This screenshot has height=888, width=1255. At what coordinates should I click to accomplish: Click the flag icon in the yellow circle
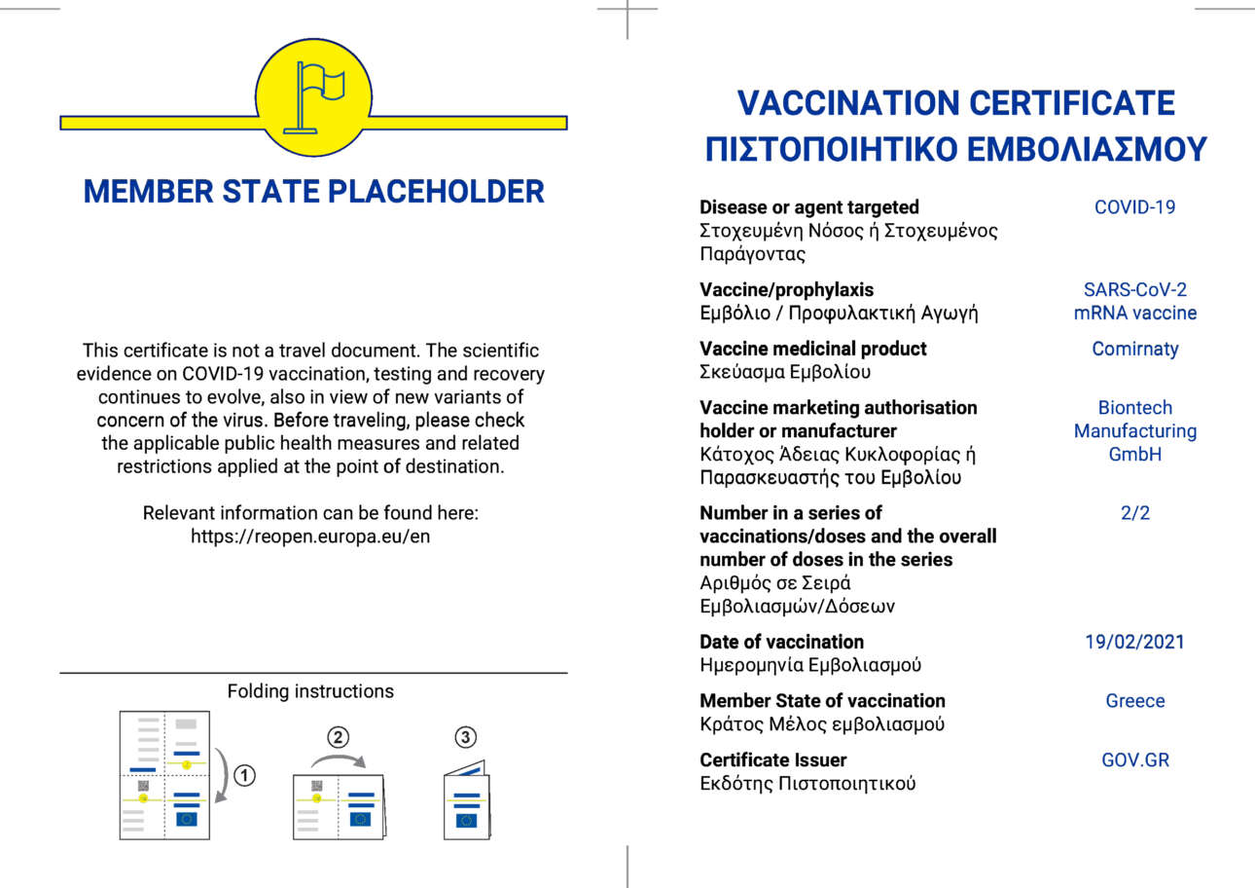tap(314, 95)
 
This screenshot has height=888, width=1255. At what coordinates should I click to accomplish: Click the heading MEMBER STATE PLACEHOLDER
tap(313, 191)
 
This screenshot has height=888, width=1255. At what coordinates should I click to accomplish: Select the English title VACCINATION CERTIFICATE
tap(955, 103)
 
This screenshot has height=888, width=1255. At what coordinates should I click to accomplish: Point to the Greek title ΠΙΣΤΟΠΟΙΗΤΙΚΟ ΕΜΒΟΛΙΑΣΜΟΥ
tap(955, 150)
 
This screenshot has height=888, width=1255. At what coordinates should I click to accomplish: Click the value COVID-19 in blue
tap(1134, 207)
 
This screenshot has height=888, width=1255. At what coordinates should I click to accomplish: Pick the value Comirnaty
tap(1134, 349)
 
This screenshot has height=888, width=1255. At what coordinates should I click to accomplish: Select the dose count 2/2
tap(1134, 513)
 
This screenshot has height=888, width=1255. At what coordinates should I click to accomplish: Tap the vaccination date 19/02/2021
tap(1134, 642)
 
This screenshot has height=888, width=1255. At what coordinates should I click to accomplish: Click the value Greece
tap(1134, 701)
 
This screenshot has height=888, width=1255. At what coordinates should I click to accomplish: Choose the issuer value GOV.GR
tap(1134, 760)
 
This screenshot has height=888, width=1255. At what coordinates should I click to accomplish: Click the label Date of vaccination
tap(781, 642)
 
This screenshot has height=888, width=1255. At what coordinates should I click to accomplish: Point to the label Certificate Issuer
tap(772, 759)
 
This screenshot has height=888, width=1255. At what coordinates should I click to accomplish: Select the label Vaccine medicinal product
tap(812, 349)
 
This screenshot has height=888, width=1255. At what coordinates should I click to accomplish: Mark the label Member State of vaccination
tap(822, 701)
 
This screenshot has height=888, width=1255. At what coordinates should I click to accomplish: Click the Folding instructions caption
tap(310, 691)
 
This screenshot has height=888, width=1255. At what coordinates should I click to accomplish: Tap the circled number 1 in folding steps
tap(245, 775)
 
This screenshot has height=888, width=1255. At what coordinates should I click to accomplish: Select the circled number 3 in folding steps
tap(466, 736)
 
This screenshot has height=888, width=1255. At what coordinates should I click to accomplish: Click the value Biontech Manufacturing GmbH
tap(1134, 431)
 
